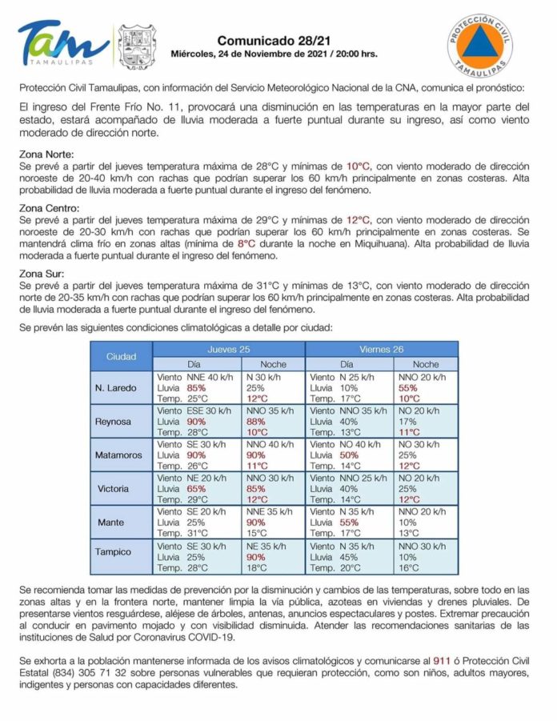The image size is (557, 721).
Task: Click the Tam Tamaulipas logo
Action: click(x=63, y=43)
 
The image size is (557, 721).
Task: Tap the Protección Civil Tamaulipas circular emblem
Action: click(x=479, y=46)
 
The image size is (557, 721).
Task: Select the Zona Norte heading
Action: click(x=46, y=154)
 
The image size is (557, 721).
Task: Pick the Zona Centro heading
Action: click(x=48, y=208)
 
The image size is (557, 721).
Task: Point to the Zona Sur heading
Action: click(x=41, y=273)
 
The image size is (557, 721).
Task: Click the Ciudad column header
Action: click(x=121, y=356)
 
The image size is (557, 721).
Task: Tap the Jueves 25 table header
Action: click(x=229, y=349)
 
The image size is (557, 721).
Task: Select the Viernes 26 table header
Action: click(x=381, y=349)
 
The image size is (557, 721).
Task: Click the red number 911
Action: click(x=442, y=661)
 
